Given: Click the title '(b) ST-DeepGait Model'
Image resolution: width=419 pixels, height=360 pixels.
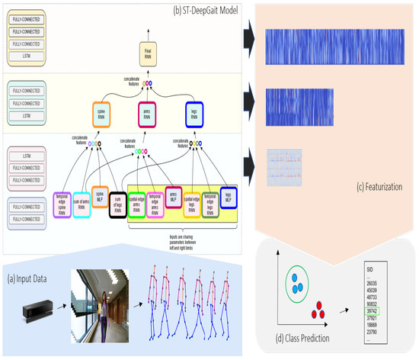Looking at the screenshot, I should (206, 8).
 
